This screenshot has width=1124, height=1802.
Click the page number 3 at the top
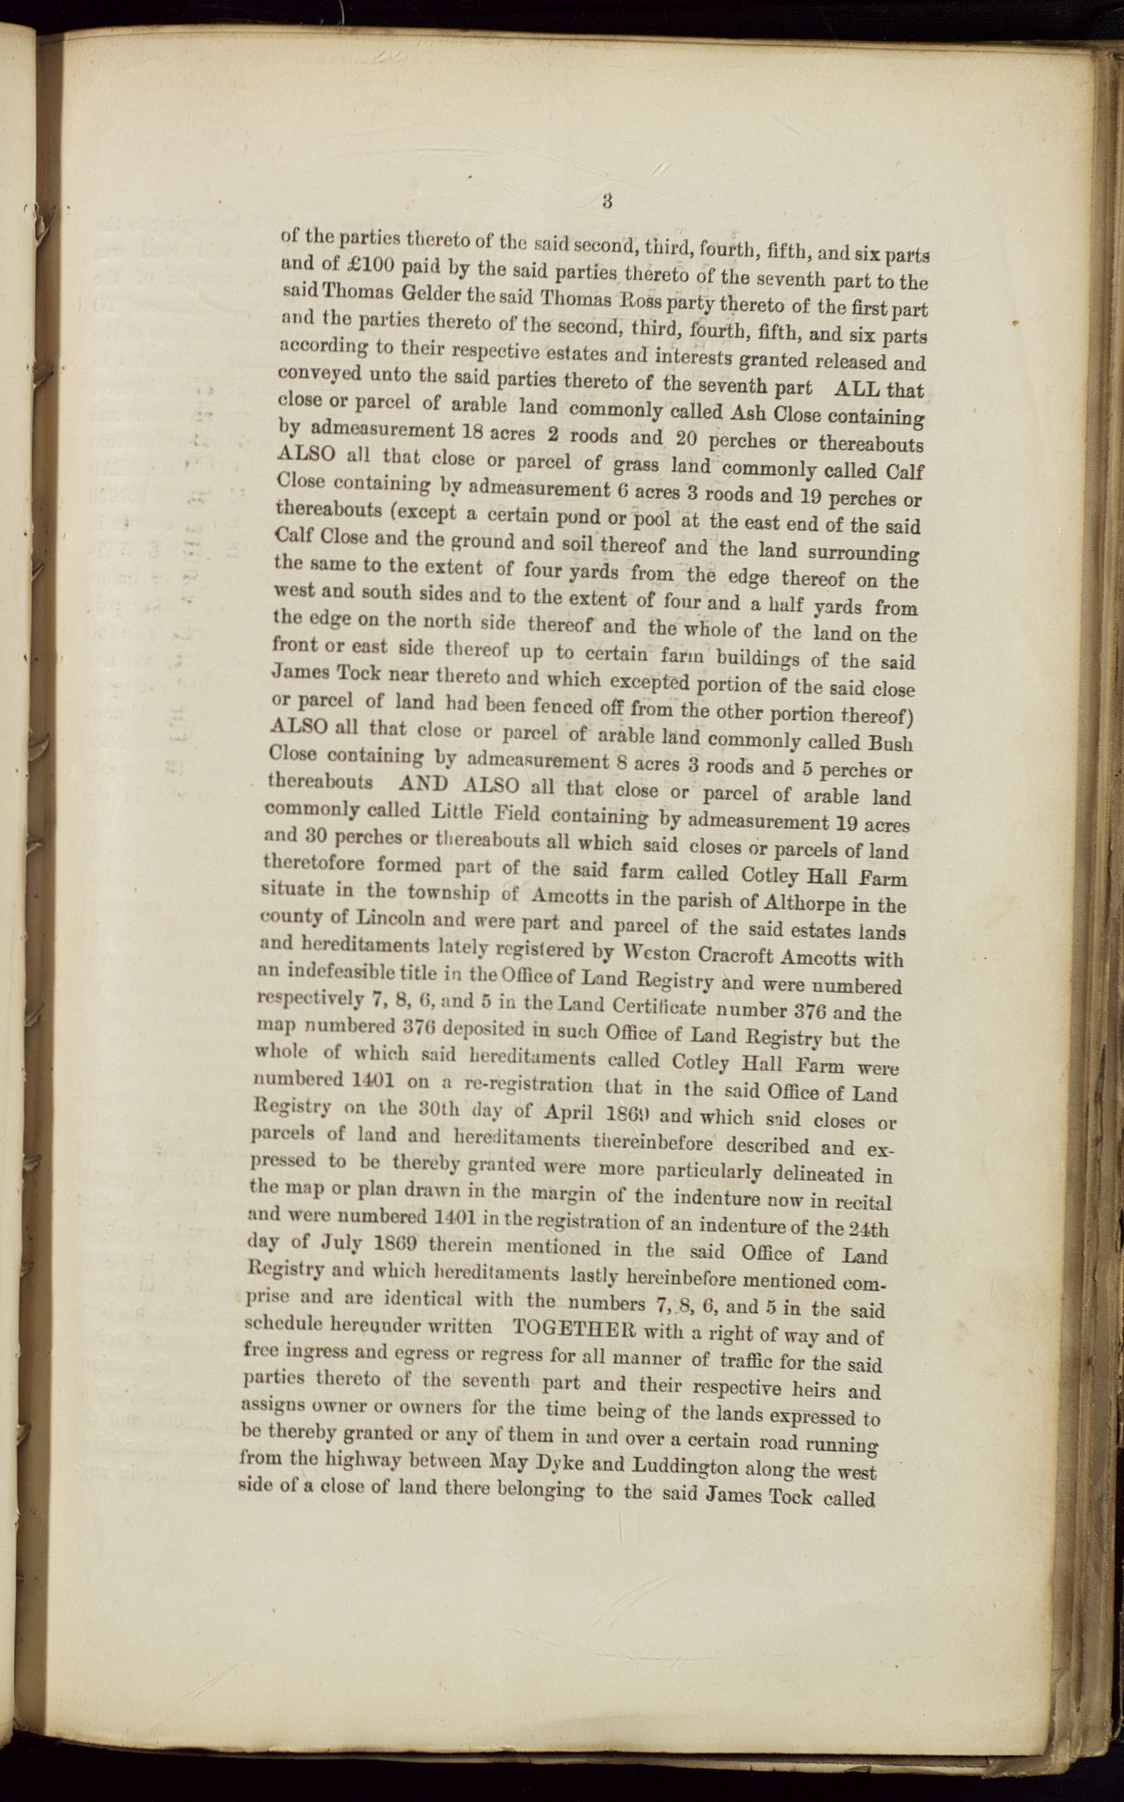tap(607, 201)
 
